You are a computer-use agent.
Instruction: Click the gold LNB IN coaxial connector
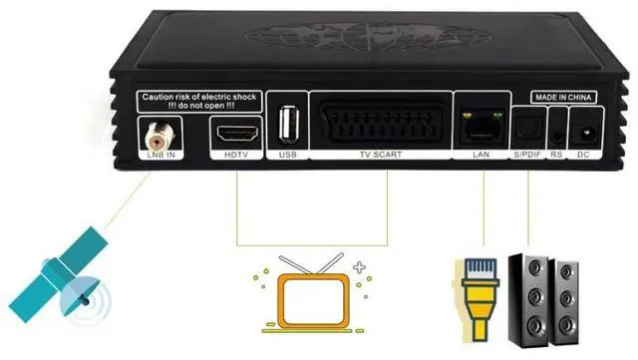[156, 130]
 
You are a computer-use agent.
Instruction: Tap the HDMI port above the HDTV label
[235, 130]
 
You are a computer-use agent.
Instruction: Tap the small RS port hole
[556, 133]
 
